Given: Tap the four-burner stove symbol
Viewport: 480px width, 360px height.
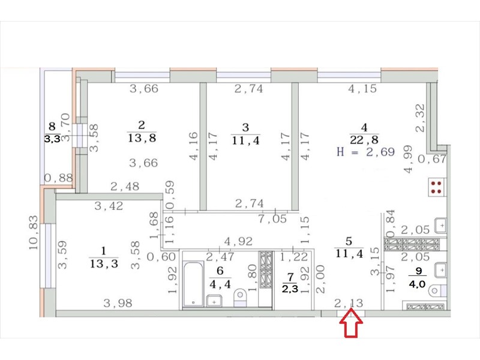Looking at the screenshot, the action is tap(436, 188).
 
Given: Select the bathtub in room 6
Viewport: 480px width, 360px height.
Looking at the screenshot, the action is tap(193, 283).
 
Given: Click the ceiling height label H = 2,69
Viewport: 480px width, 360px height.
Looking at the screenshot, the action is tap(365, 152).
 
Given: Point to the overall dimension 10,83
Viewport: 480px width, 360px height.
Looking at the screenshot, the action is tap(34, 232).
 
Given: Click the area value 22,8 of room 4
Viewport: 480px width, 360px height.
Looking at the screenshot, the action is tap(364, 140).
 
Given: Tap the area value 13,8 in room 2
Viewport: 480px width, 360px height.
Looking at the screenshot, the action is tap(142, 138).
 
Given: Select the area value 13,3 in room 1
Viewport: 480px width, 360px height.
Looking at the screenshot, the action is tap(104, 263).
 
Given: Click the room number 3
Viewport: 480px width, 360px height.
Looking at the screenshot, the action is tap(245, 127).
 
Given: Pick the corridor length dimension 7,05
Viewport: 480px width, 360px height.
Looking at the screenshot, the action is tap(272, 218).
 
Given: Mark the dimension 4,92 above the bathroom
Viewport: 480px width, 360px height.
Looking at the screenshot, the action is tap(238, 241).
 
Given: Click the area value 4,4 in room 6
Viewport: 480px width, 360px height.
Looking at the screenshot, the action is tap(220, 284).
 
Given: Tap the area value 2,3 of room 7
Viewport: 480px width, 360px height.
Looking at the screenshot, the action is tap(290, 289).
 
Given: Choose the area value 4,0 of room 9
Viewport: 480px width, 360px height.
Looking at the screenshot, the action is tap(417, 284).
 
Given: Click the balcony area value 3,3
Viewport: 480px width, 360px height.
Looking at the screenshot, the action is tap(52, 139).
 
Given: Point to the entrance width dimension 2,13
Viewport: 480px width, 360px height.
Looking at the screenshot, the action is tap(349, 303).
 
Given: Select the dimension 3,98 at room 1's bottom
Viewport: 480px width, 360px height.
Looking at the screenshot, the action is tap(118, 303).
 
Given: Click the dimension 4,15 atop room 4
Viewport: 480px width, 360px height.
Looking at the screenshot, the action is tap(362, 88).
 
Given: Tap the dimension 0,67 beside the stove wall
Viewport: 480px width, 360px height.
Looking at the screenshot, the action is tap(432, 159).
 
